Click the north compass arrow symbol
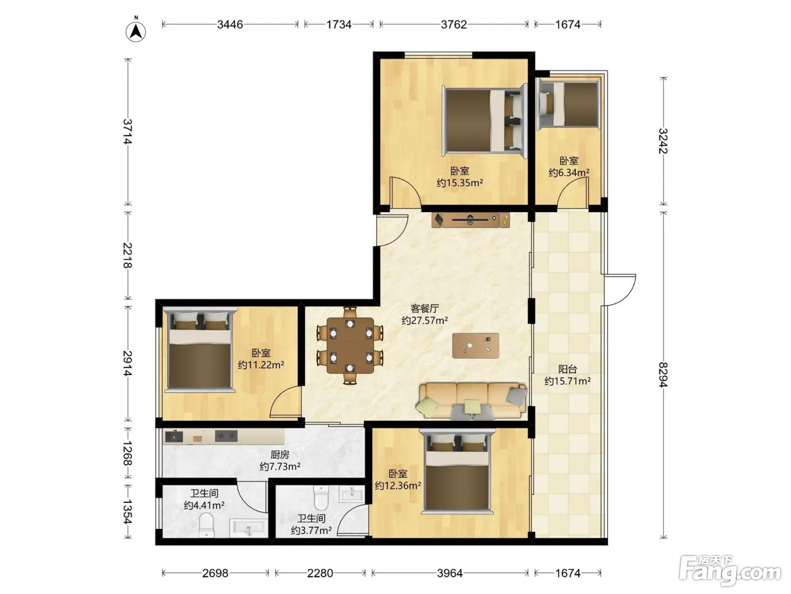coord(136,31)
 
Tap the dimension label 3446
coord(230,24)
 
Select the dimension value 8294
coord(663,375)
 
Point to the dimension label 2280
coord(320,573)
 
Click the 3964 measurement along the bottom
coord(450,573)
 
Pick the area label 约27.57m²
coord(425,320)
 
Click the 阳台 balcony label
coord(568,369)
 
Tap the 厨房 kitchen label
coord(280,454)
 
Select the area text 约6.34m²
coord(569,173)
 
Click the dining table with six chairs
coord(350,345)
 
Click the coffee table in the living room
coord(476,346)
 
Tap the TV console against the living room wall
coord(471,219)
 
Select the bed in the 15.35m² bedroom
coord(485,120)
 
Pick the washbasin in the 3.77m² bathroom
coord(352,494)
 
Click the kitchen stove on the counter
coord(226,436)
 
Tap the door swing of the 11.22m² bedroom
coord(285,401)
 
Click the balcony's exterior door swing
coord(620,290)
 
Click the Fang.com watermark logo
coord(730,570)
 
